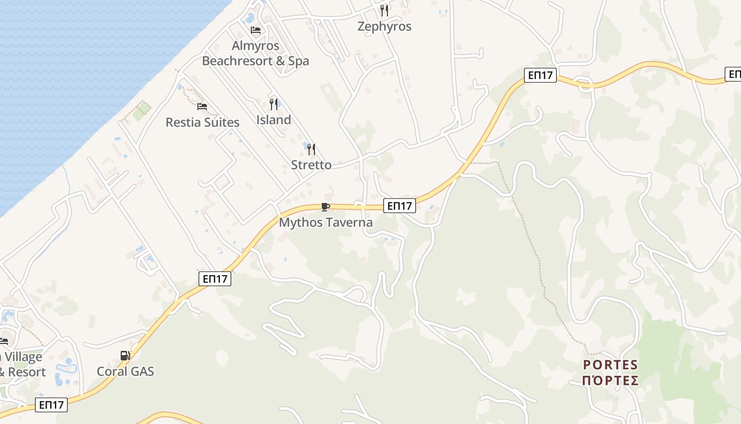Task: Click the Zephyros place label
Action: point(384,26)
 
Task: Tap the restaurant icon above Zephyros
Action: point(384,10)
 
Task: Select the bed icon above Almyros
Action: point(256,30)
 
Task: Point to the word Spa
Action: point(299,61)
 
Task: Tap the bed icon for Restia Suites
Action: point(202,107)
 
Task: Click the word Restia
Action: point(183,122)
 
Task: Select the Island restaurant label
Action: point(274,120)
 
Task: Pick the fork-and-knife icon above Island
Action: point(274,104)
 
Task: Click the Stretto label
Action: point(311,165)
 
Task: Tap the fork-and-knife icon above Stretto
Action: point(311,149)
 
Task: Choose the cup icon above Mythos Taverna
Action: point(326,207)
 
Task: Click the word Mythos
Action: point(300,223)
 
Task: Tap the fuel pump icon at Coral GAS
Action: point(125,356)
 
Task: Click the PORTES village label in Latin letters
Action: point(610,365)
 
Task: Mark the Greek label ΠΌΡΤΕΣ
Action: point(610,381)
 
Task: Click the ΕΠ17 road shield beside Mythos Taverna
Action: point(400,206)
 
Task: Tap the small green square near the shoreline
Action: point(141,111)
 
